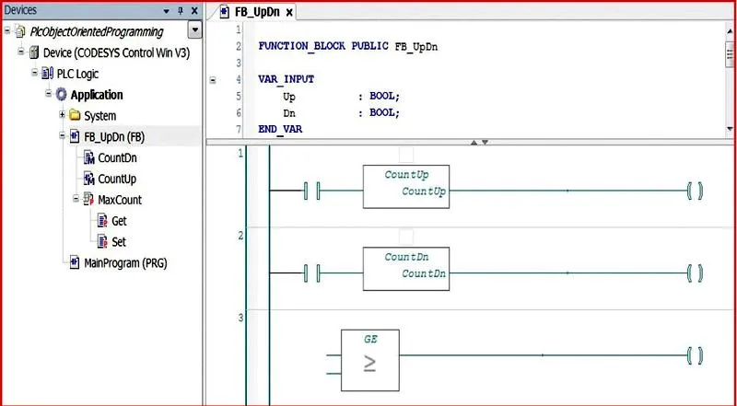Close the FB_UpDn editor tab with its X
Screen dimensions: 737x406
click(289, 13)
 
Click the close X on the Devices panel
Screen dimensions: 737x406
click(194, 11)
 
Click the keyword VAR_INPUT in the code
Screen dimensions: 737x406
click(287, 79)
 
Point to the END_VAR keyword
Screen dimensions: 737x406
click(280, 129)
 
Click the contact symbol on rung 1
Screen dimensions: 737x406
click(311, 191)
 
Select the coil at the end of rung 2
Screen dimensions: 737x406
click(696, 273)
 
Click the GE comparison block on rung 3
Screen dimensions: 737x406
click(370, 360)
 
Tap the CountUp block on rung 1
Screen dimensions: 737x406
click(406, 187)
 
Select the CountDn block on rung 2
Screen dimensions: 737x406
click(406, 269)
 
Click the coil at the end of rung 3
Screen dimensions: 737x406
click(696, 355)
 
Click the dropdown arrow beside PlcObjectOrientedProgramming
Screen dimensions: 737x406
click(194, 31)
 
